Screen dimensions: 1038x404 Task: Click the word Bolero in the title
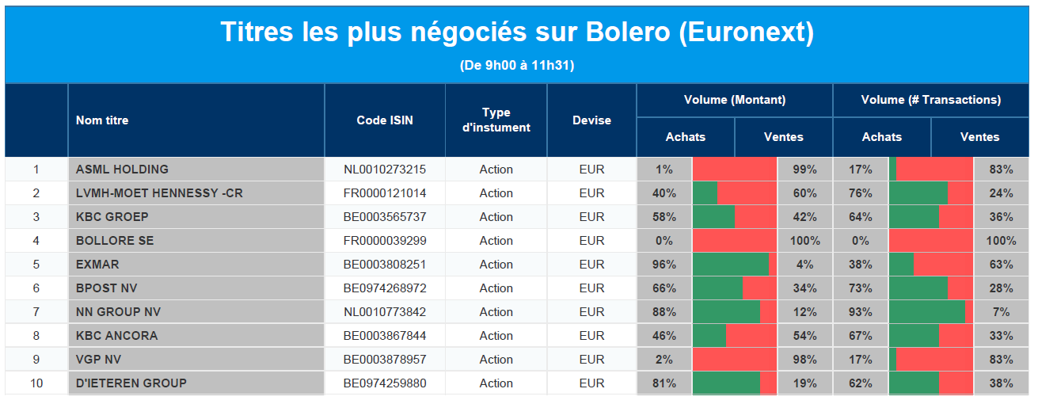click(627, 32)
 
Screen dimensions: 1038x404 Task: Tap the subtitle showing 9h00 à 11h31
click(517, 65)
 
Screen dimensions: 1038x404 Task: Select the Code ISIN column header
click(385, 120)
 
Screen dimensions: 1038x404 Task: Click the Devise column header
click(591, 120)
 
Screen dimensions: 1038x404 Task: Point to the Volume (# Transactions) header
click(931, 100)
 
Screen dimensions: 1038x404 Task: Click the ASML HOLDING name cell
click(123, 170)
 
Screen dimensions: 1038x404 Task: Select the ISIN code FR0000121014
click(385, 193)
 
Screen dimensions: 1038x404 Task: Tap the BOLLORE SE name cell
click(115, 241)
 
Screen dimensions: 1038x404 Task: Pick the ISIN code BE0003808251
click(385, 265)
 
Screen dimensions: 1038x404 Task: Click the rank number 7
click(36, 311)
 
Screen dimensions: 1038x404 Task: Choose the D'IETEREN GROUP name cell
click(131, 383)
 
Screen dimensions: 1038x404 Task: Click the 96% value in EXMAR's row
click(664, 265)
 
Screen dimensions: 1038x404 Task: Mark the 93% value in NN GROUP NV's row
click(861, 311)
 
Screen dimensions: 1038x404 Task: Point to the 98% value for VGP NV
click(805, 360)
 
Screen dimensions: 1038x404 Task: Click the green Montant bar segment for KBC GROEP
click(713, 217)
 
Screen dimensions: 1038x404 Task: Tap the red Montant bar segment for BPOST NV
click(759, 288)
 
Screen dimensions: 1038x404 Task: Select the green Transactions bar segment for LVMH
click(918, 193)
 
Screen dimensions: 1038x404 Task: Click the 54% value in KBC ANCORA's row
click(805, 336)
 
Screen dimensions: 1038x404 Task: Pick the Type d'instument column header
click(496, 120)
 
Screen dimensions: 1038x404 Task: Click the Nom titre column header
click(102, 120)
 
